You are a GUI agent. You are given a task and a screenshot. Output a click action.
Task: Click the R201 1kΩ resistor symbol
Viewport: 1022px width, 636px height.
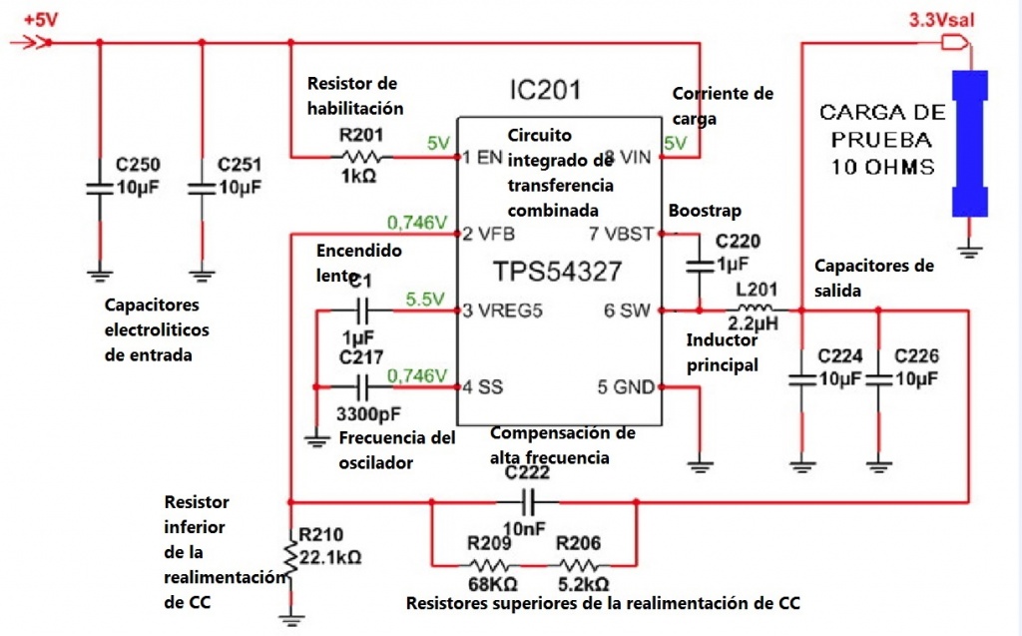[360, 157]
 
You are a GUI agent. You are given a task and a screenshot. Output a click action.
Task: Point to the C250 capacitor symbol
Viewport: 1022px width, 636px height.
[99, 188]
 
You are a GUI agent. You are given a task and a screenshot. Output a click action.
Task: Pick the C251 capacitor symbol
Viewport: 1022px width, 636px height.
[202, 188]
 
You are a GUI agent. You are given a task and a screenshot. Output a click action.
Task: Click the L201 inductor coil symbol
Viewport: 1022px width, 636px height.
[756, 309]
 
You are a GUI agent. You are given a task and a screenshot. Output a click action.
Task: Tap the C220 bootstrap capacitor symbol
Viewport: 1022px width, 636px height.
[698, 266]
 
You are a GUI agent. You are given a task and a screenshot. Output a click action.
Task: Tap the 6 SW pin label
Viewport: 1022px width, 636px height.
[627, 311]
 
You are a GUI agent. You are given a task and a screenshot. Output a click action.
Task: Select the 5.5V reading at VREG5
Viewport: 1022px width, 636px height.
[424, 299]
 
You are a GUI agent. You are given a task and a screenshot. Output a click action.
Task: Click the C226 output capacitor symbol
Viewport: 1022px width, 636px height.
[878, 378]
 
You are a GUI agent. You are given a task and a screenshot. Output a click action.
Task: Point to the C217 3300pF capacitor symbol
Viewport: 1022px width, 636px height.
[361, 385]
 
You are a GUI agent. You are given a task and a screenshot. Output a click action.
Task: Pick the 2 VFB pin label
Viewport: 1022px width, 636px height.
[489, 235]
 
